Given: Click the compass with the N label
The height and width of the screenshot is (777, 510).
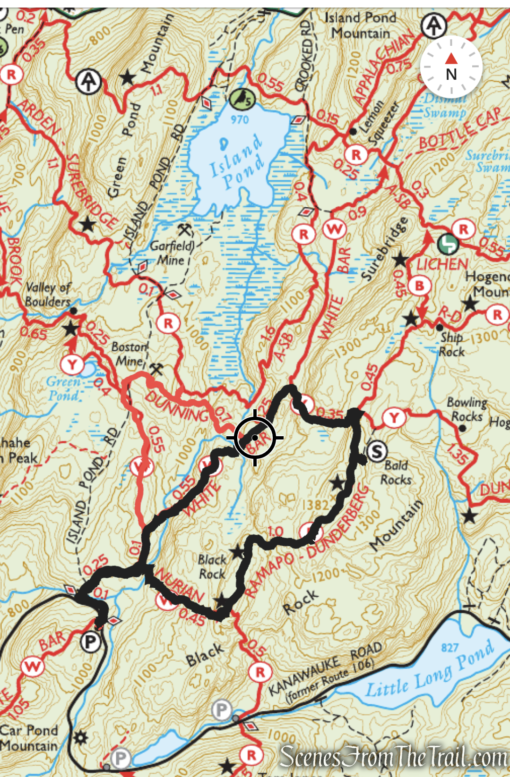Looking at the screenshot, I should click(451, 67).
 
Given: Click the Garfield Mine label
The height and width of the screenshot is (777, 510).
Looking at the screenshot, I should click(172, 253).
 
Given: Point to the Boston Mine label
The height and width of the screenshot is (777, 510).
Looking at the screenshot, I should click(130, 354).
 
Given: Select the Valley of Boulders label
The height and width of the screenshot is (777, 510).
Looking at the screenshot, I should click(48, 294).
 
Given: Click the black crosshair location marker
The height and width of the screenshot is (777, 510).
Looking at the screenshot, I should click(255, 438).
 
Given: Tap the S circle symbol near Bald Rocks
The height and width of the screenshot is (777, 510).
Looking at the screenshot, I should click(377, 451).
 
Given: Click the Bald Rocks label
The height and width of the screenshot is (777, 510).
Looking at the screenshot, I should click(396, 473).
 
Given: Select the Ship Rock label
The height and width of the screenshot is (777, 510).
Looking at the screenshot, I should click(452, 344).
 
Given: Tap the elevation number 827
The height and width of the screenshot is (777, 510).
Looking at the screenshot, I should click(449, 648).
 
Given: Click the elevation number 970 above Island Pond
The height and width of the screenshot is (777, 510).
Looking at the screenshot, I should click(240, 119).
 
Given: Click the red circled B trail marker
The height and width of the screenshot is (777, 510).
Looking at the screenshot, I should click(419, 286).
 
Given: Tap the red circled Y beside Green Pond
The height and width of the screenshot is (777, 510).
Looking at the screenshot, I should click(72, 364).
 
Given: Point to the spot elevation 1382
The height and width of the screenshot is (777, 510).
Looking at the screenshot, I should click(315, 505).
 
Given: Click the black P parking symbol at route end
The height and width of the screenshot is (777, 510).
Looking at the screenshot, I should click(90, 642).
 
